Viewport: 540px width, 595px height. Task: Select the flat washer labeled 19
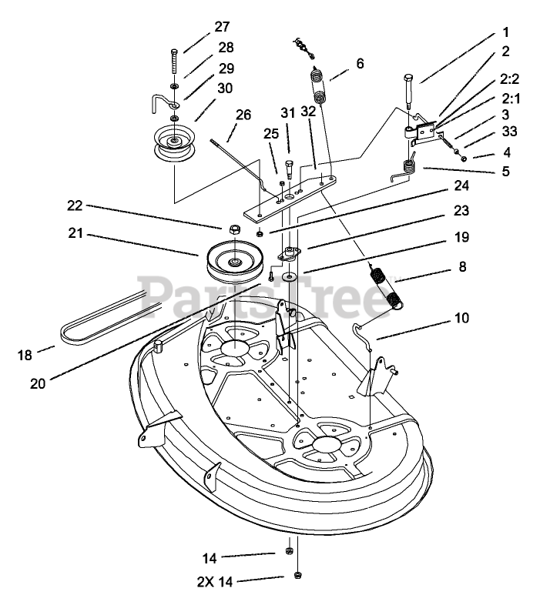[x=291, y=276]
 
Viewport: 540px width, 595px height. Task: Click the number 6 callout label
[x=359, y=63]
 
